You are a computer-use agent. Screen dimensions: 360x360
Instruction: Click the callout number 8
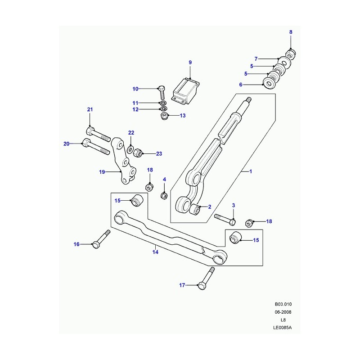click(x=290, y=32)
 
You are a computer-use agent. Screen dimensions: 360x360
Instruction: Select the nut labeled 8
click(x=290, y=54)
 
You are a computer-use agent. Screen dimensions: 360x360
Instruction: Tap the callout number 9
click(x=190, y=62)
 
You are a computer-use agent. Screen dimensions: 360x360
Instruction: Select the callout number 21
click(x=90, y=110)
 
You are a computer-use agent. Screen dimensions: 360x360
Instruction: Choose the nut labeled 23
click(x=139, y=153)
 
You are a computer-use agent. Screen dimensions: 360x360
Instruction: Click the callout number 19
click(x=102, y=171)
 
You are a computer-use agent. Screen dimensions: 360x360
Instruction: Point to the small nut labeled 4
click(x=164, y=195)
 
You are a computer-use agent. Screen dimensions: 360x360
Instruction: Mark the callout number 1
click(x=251, y=171)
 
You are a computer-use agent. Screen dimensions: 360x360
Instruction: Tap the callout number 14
click(x=155, y=252)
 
